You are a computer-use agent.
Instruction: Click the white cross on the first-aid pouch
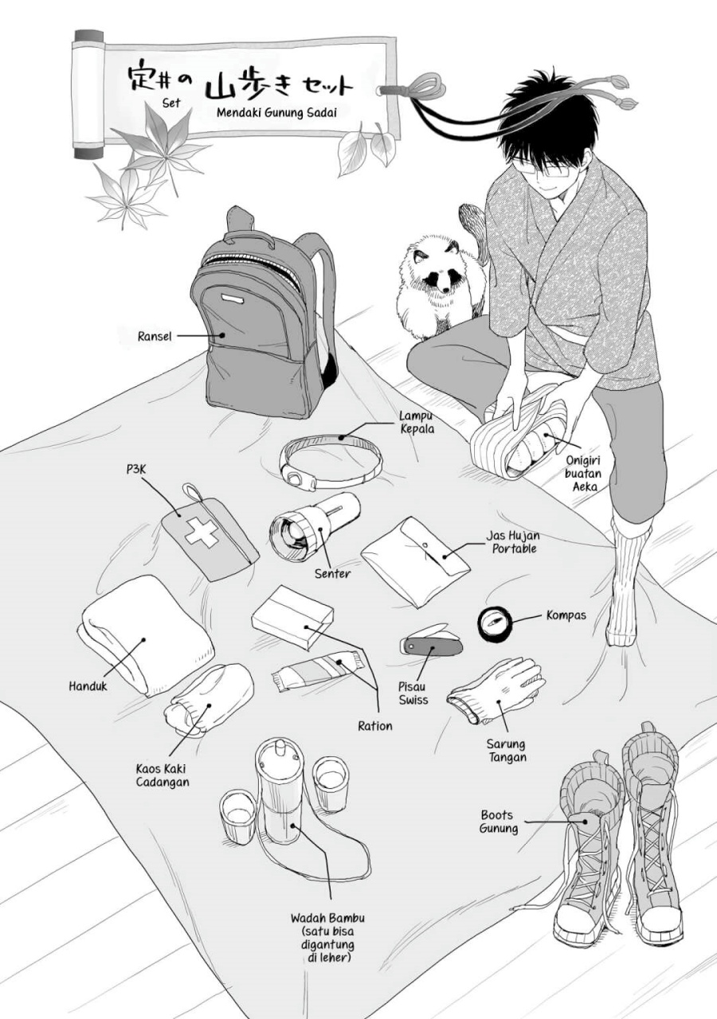click(x=202, y=533)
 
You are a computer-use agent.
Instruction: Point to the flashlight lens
click(x=292, y=537)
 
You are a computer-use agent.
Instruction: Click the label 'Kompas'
click(x=566, y=615)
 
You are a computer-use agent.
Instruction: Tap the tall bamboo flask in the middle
click(x=280, y=792)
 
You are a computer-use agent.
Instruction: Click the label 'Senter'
click(x=332, y=573)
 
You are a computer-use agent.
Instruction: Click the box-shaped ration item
click(x=292, y=617)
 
